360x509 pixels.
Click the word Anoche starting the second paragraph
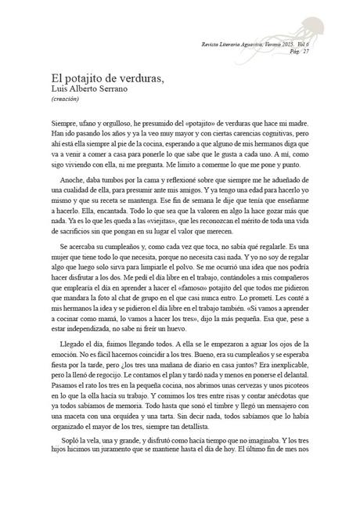pyautogui.click(x=67, y=182)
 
